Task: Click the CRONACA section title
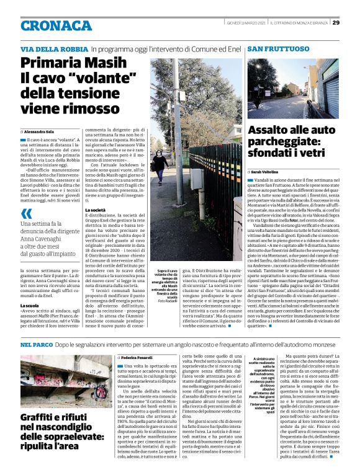[56, 25]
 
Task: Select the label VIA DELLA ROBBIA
[53, 48]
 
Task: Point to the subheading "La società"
[96, 211]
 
